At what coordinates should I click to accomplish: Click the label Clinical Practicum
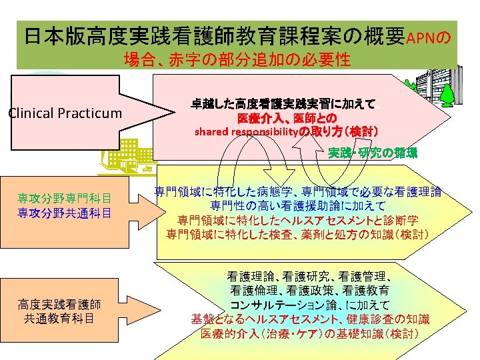(x=65, y=113)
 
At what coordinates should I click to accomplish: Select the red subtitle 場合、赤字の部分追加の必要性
(x=237, y=59)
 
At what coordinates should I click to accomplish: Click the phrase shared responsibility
(x=244, y=131)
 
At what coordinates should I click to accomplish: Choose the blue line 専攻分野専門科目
(x=64, y=199)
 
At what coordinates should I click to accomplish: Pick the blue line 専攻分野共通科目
(x=64, y=213)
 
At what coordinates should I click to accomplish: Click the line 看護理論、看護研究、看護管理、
(x=313, y=275)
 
